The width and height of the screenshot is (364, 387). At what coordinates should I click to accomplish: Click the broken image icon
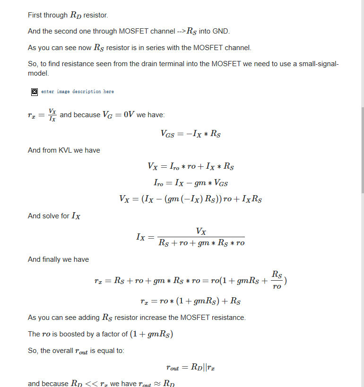pos(35,92)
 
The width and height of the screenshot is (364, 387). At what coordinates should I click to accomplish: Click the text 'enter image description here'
pos(77,92)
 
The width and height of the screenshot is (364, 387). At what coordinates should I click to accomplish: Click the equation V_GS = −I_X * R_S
pos(191,134)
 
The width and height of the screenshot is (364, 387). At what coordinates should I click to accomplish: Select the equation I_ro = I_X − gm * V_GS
pos(191,182)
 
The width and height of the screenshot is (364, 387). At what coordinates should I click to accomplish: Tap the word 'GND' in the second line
pos(221,32)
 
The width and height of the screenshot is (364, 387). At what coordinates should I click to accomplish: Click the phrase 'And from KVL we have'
pos(64,150)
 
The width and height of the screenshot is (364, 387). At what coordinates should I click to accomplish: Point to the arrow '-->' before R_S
pos(180,32)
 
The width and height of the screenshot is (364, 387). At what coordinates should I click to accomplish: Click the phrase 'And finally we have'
pos(58,259)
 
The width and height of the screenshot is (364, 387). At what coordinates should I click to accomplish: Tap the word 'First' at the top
pos(35,15)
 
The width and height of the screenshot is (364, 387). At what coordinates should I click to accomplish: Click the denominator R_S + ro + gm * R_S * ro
pos(201,243)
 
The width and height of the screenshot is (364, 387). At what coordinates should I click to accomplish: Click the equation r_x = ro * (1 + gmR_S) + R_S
pos(191,301)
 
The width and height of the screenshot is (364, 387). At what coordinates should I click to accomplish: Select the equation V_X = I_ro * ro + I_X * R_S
pos(191,166)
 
